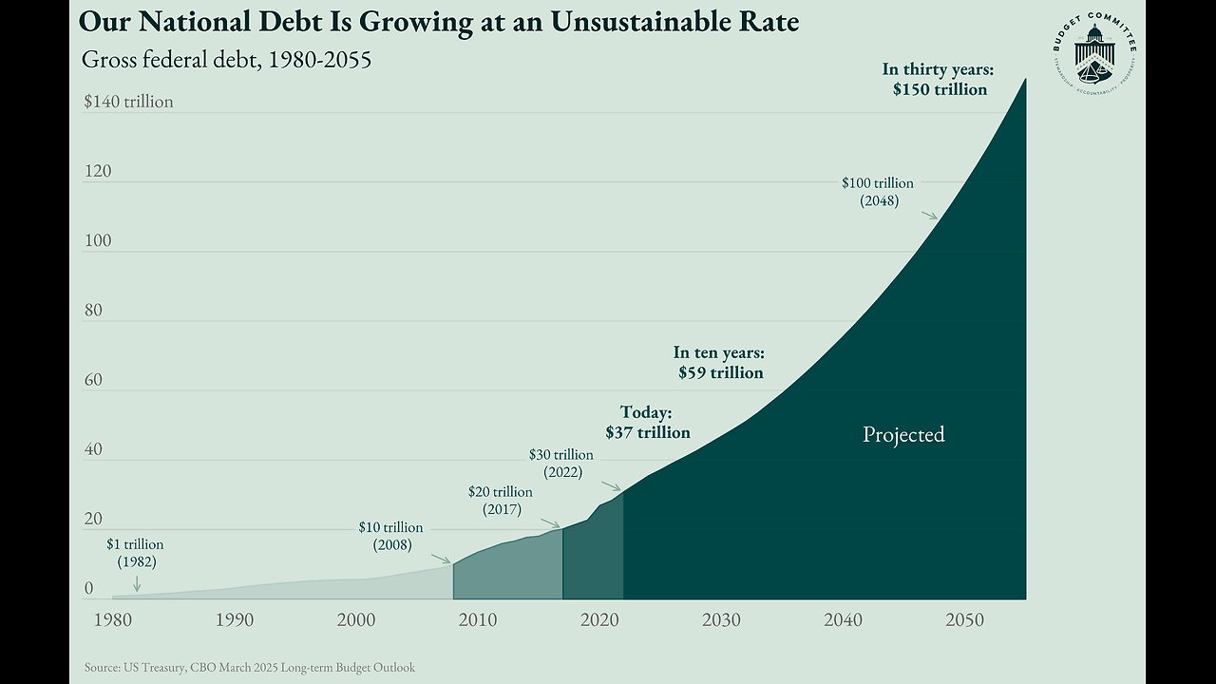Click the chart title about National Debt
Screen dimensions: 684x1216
point(440,21)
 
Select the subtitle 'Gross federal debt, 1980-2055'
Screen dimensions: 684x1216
point(226,60)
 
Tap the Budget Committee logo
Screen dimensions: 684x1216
point(1094,55)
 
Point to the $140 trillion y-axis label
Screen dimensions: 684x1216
point(128,102)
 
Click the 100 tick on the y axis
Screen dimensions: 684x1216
point(98,240)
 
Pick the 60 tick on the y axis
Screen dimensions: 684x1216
point(94,380)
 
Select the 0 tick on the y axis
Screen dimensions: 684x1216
point(89,589)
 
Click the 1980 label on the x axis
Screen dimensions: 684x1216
point(112,620)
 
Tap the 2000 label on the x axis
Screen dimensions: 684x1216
point(355,620)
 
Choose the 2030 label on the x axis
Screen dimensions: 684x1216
point(721,620)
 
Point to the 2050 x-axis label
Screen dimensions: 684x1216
point(964,620)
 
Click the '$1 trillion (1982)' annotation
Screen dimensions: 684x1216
point(135,553)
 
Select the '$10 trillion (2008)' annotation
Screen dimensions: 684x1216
point(390,536)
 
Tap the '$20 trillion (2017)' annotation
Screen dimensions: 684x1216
point(501,501)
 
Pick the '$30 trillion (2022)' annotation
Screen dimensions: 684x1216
point(561,463)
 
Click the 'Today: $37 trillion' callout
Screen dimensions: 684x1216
point(647,422)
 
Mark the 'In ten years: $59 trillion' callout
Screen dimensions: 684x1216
point(719,363)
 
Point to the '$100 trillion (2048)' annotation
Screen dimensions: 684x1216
point(878,191)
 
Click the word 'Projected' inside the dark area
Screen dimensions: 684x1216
point(903,434)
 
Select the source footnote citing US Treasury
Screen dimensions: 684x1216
point(248,668)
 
